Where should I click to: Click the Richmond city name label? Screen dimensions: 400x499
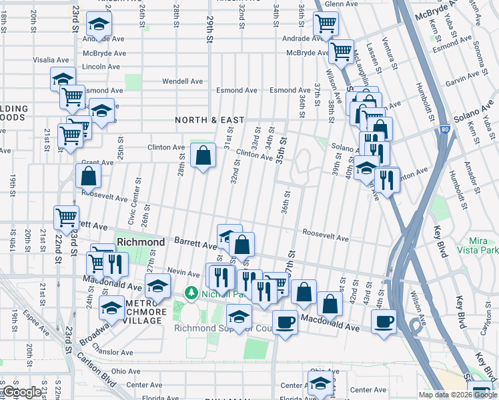[140, 241]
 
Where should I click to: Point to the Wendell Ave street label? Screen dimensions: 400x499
[183, 81]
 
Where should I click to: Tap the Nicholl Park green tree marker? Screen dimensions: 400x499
[191, 293]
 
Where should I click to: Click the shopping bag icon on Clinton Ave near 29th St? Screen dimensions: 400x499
[203, 155]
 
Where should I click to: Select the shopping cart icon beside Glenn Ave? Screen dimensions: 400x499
[326, 23]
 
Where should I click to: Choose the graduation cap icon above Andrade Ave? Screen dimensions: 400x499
[99, 25]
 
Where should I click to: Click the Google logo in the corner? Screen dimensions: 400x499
[21, 392]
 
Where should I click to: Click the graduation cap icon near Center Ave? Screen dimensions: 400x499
[321, 383]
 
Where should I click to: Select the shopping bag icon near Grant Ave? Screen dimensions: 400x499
[89, 177]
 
